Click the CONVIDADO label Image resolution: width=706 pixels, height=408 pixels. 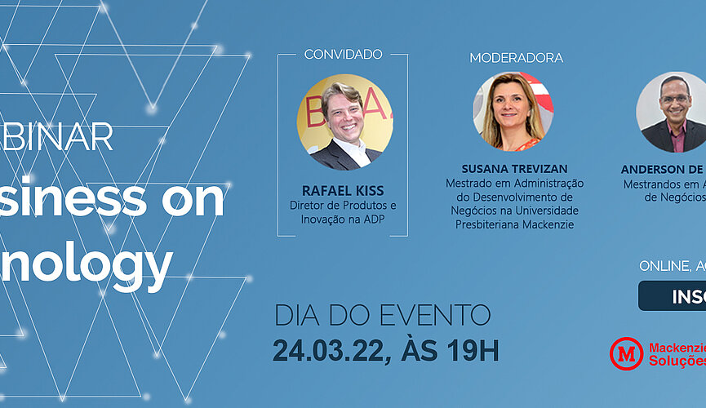(x=343, y=55)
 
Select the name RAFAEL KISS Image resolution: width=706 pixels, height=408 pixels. (x=342, y=191)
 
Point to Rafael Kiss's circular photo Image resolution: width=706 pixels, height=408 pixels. (x=340, y=117)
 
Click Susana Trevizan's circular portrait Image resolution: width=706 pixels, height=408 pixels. (x=513, y=112)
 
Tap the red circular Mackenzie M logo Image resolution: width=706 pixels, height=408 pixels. (x=626, y=353)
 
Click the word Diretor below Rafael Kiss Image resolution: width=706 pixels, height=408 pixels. (x=307, y=205)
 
